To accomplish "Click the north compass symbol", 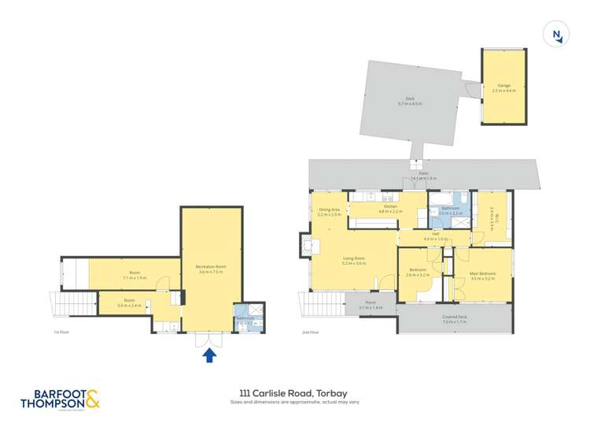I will (557, 34).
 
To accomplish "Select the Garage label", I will (503, 87).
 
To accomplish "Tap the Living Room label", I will (353, 260).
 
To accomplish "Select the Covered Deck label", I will (454, 319).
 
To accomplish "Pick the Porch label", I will (370, 303).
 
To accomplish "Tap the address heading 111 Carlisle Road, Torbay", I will (295, 392).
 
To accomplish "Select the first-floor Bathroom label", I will (246, 319).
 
